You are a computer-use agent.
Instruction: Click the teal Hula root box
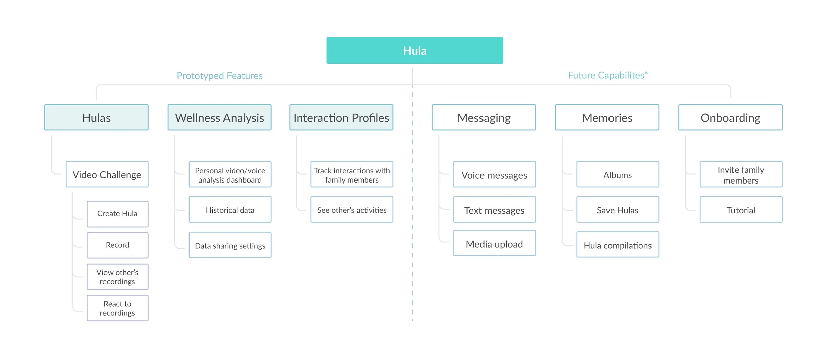(415, 50)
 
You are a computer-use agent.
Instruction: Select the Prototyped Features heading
(220, 76)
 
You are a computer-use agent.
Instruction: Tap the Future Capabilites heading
(608, 75)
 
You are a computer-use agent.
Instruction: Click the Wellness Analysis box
(220, 117)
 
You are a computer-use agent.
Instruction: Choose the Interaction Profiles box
(341, 117)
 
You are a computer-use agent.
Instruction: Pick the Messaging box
(484, 117)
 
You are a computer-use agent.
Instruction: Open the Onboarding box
(730, 117)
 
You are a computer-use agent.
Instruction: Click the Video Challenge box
(107, 174)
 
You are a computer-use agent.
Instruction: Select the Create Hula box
(118, 214)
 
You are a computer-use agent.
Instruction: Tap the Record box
(118, 245)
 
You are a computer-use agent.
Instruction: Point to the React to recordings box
(118, 308)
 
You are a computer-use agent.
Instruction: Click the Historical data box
(230, 209)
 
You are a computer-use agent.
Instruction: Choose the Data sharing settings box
(230, 245)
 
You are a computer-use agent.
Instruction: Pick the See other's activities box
(352, 209)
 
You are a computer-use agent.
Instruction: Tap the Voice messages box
(495, 174)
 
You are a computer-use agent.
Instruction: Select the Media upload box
(495, 243)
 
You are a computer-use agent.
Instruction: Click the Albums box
(618, 174)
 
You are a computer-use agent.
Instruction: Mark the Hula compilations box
(618, 245)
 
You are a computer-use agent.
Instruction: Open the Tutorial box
(741, 209)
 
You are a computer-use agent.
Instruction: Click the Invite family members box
(741, 174)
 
